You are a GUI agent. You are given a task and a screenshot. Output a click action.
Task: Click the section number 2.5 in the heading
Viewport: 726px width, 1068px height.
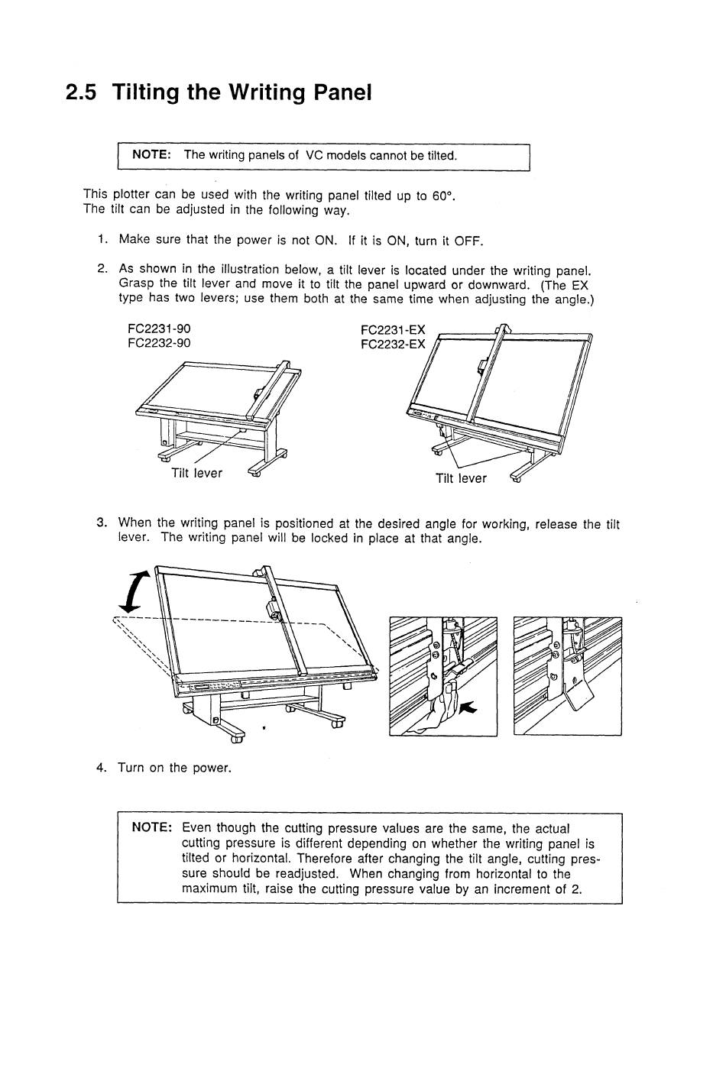82,93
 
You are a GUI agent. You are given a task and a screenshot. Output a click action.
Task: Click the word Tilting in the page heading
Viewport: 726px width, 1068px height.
147,93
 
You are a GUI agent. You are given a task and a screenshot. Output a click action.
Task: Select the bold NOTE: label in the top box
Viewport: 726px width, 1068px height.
151,154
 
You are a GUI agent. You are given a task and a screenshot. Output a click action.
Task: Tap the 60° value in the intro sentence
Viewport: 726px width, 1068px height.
442,196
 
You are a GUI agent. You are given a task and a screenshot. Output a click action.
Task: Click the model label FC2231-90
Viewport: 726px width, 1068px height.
159,328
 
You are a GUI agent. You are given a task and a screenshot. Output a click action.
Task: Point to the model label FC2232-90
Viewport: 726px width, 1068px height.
159,343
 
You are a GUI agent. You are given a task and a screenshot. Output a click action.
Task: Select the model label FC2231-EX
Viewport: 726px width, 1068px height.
392,330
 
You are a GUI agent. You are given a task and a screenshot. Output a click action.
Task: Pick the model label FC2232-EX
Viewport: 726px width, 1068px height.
392,344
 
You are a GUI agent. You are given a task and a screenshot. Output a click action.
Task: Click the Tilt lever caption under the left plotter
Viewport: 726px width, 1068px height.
196,473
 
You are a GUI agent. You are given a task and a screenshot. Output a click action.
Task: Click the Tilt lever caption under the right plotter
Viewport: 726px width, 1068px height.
461,478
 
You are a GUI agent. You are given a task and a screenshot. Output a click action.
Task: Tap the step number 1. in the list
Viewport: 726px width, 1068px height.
102,240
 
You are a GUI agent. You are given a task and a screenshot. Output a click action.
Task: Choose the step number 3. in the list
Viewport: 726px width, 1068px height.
102,523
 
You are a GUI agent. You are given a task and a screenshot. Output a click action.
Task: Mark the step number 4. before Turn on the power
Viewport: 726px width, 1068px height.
102,768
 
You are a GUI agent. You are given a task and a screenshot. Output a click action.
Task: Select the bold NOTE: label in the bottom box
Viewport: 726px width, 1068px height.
152,828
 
